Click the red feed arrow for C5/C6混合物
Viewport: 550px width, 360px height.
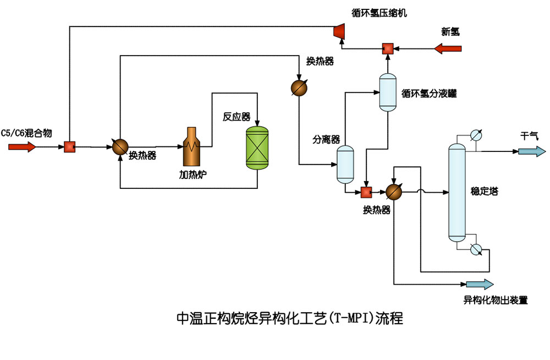click(x=22, y=147)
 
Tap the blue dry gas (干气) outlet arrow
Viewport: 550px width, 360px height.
click(x=531, y=151)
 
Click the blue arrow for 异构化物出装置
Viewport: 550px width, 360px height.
click(x=480, y=284)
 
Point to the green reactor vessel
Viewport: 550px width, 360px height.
click(x=256, y=147)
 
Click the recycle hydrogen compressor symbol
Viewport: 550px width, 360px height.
click(x=339, y=32)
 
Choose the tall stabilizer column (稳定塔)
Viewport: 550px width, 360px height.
click(x=457, y=193)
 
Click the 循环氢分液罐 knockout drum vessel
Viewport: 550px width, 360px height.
click(x=388, y=91)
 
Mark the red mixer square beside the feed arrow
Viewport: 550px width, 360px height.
click(x=69, y=147)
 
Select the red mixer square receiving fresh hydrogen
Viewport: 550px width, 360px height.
click(x=388, y=48)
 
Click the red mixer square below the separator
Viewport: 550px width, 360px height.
click(x=366, y=192)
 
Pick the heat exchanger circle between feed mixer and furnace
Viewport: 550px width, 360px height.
click(x=120, y=146)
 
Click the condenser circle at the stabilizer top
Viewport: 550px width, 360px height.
click(x=476, y=135)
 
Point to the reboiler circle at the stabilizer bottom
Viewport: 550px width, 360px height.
click(x=476, y=249)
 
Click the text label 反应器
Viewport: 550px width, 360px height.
click(x=236, y=117)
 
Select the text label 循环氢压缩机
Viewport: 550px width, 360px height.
click(x=380, y=12)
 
